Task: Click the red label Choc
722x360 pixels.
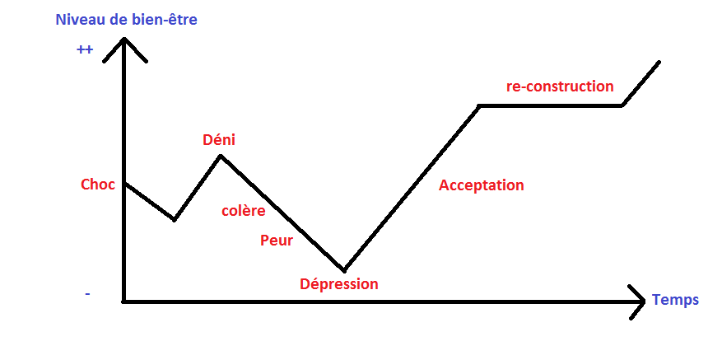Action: (97, 185)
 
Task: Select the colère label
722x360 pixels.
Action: (243, 210)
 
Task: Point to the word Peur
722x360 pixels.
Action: (276, 241)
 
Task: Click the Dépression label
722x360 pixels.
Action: (338, 284)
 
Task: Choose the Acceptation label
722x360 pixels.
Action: (481, 185)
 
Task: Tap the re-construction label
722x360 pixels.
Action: (560, 86)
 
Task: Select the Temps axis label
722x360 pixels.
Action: (675, 300)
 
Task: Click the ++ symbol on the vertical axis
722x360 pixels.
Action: (85, 50)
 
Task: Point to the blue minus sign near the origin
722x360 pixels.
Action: (87, 293)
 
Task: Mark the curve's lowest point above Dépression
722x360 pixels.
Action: (344, 269)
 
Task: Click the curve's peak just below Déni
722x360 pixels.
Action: (221, 155)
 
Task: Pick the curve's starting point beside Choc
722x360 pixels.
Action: (124, 184)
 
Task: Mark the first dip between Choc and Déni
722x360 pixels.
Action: (174, 220)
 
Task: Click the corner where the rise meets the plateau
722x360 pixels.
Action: (480, 105)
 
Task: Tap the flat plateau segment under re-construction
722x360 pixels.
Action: (552, 105)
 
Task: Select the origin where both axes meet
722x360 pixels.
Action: (123, 302)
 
